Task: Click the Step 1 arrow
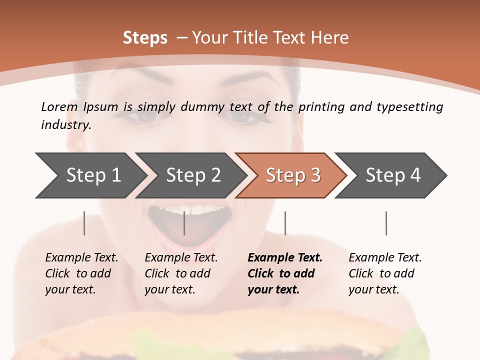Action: click(90, 175)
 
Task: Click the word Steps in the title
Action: click(145, 37)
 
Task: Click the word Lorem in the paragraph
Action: click(59, 106)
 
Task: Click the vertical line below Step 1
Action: click(84, 223)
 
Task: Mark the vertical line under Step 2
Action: click(184, 223)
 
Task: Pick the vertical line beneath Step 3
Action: click(285, 223)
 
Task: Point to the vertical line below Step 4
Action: click(386, 223)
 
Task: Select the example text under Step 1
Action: click(81, 273)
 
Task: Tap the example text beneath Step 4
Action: click(385, 273)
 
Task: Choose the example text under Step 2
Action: click(181, 273)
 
